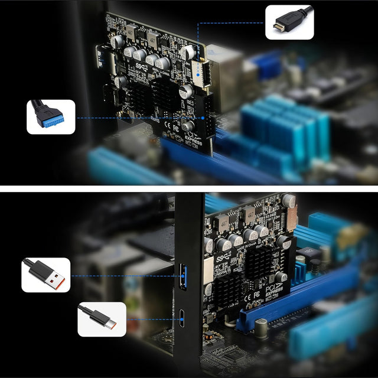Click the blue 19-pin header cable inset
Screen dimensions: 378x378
(x=51, y=117)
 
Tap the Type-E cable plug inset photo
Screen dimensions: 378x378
(x=289, y=22)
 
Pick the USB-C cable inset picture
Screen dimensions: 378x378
(x=102, y=320)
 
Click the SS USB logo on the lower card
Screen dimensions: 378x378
(x=223, y=258)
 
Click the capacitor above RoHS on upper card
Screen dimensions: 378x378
(x=189, y=126)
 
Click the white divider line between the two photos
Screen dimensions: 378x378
(x=189, y=189)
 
